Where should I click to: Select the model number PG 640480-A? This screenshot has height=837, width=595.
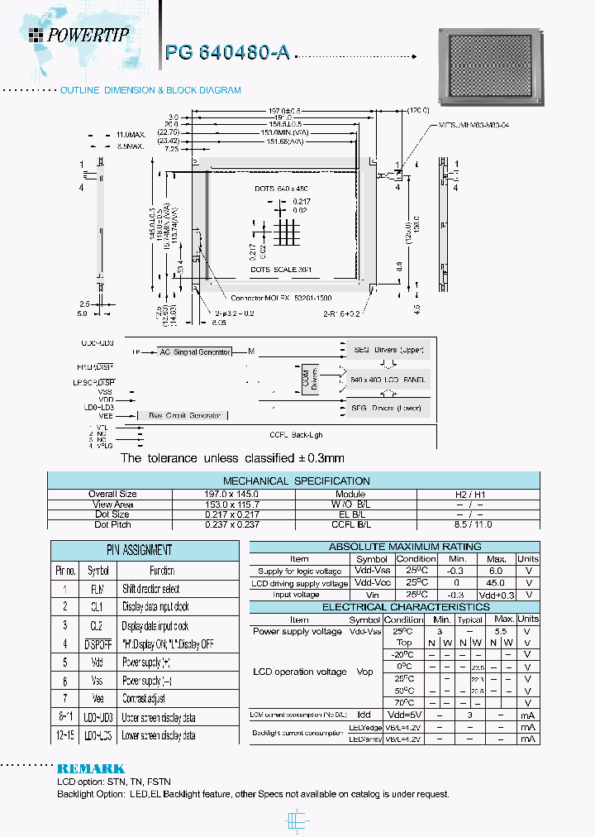pyautogui.click(x=227, y=52)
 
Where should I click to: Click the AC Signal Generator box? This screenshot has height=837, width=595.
pyautogui.click(x=196, y=352)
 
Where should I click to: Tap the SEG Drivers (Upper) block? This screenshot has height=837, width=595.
pyautogui.click(x=385, y=351)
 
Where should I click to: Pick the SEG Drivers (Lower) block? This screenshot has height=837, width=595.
pyautogui.click(x=385, y=408)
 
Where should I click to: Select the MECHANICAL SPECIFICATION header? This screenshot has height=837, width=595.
pyautogui.click(x=296, y=481)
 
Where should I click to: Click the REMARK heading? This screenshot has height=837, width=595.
pyautogui.click(x=91, y=768)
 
